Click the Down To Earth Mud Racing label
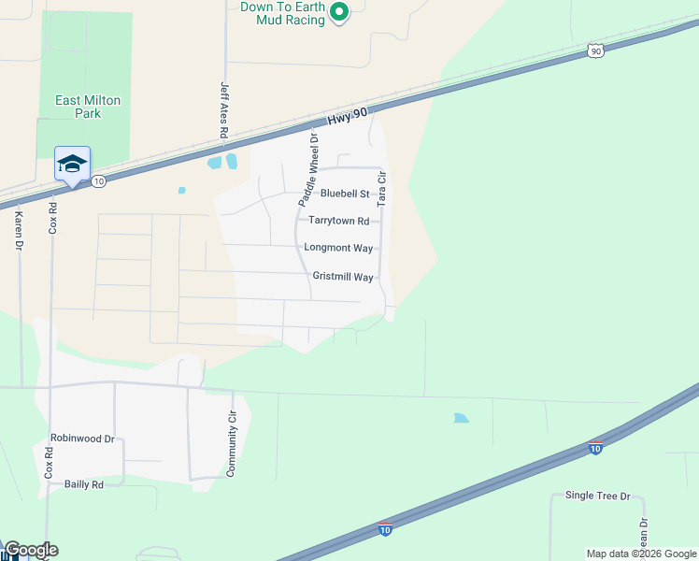[282, 13]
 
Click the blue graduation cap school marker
[72, 165]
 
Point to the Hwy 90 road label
[350, 117]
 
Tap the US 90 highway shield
[595, 51]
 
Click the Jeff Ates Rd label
[224, 109]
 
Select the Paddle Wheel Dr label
[308, 169]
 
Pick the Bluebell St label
[345, 194]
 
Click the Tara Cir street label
[381, 189]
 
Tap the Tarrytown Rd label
[338, 222]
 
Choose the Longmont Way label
[338, 248]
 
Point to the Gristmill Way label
[343, 278]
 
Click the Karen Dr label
[18, 231]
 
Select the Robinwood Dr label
[82, 438]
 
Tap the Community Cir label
[231, 445]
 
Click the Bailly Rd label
[83, 484]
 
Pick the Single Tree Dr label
[598, 496]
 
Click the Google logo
[30, 550]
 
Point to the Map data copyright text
[641, 554]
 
